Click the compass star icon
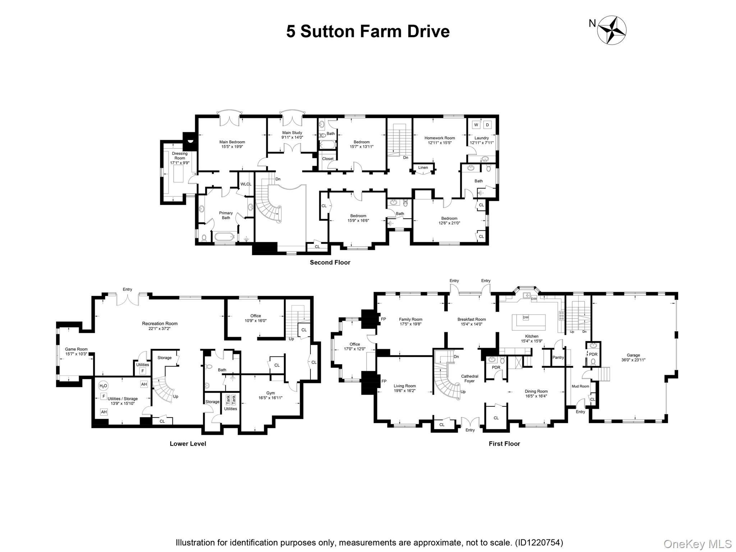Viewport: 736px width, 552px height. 612,30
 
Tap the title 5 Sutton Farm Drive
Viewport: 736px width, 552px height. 368,31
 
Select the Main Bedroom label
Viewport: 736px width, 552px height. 232,142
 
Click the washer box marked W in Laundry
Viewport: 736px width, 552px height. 476,125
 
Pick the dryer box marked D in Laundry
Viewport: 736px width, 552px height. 487,125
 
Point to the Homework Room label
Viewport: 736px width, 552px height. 440,138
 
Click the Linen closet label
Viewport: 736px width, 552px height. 423,167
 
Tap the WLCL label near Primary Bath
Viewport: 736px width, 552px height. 246,184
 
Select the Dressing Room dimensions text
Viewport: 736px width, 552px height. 180,163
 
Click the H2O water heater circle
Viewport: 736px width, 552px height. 103,386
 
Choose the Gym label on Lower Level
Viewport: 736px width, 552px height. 270,393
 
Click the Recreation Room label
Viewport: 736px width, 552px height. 160,323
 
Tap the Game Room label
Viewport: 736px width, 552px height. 76,349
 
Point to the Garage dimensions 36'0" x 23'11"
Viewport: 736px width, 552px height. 633,360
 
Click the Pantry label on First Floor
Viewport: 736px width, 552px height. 558,357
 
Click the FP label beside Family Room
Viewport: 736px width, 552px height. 383,319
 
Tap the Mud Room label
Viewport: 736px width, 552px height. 580,386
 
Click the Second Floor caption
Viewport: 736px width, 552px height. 330,262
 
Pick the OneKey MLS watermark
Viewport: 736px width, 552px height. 697,544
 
